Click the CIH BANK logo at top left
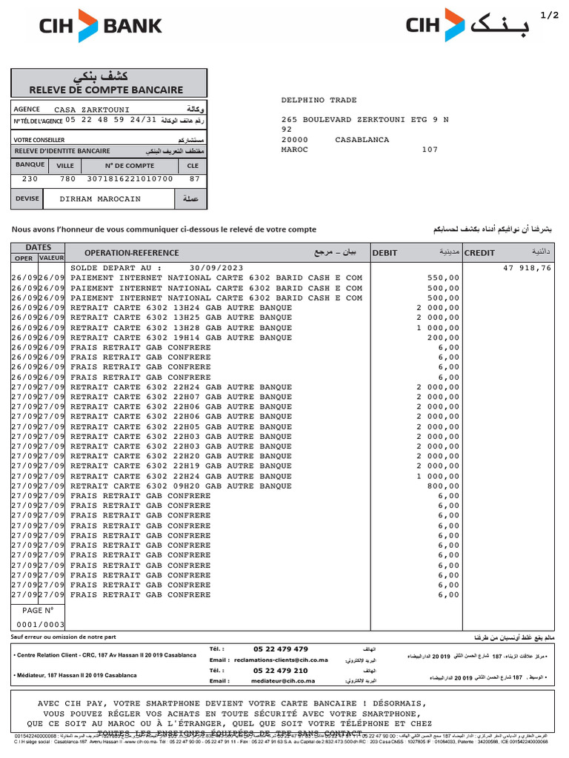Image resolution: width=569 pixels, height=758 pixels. tap(100, 26)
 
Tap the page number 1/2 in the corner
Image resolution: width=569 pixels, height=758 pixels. tap(550, 15)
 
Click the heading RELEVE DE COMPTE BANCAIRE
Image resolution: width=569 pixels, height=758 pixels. tap(109, 90)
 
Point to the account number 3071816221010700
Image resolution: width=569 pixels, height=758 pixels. tap(130, 178)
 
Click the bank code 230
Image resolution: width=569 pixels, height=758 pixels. tap(30, 178)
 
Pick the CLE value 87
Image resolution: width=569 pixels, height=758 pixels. tap(194, 178)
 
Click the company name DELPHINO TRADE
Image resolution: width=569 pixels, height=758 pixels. tap(319, 100)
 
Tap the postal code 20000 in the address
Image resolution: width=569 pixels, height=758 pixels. tap(295, 139)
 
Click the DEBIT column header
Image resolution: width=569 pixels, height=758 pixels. tap(385, 252)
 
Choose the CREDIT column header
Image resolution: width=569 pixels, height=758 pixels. tap(479, 252)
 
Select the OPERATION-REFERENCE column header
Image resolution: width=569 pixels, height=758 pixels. tap(132, 252)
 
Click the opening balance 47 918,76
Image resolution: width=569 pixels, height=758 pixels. tap(527, 268)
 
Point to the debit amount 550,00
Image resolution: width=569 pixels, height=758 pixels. tap(445, 278)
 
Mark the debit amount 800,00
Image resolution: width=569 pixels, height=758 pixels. tap(445, 486)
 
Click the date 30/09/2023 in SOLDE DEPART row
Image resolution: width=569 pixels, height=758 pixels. tap(216, 268)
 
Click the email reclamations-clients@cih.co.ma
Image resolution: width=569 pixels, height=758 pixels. tap(281, 660)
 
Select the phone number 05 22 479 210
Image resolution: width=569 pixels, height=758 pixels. tap(280, 671)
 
